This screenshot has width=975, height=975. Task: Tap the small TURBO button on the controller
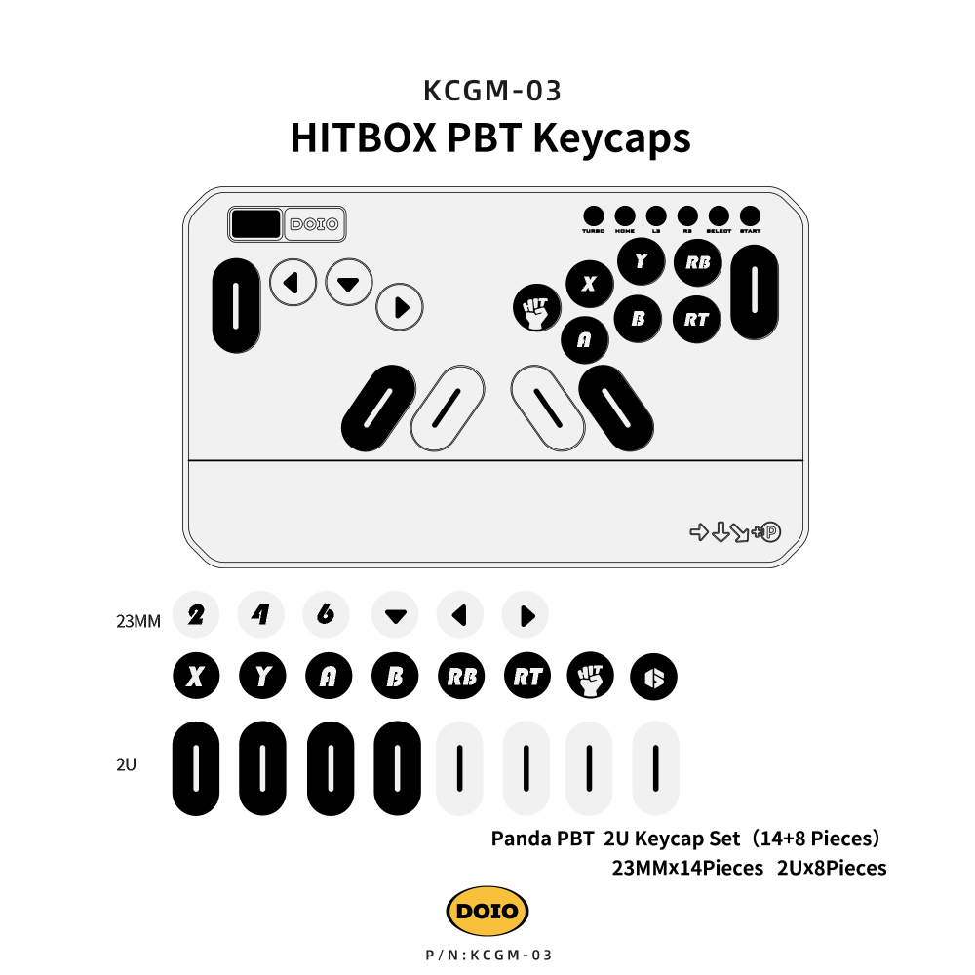(593, 215)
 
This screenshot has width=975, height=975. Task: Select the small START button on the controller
(750, 215)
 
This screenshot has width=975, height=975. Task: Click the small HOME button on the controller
(625, 215)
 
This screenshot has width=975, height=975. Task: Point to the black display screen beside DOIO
(255, 223)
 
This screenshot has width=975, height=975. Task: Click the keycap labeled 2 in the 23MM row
(196, 615)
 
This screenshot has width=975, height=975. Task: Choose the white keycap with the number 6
(327, 615)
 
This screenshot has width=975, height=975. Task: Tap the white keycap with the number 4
(261, 615)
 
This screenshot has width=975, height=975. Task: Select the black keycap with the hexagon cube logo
(653, 677)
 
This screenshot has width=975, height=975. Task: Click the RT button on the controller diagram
(696, 319)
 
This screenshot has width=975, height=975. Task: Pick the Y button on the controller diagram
(641, 260)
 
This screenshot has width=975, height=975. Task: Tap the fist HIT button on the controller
(535, 308)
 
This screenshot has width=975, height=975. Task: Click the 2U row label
(126, 765)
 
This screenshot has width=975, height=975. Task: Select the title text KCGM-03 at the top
(492, 91)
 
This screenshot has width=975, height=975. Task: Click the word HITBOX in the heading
(363, 137)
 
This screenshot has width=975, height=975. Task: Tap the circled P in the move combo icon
(771, 532)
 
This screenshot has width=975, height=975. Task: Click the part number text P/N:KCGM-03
(489, 955)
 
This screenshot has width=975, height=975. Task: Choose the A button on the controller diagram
(585, 339)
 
